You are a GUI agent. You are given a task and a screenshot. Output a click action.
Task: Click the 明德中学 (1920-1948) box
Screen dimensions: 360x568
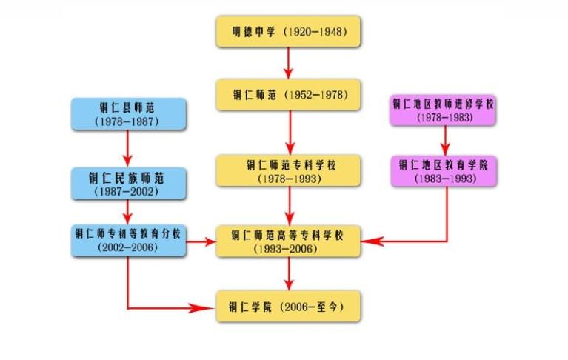[x=288, y=33]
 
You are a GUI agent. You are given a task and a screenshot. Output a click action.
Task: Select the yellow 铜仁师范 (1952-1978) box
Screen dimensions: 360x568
[x=288, y=95]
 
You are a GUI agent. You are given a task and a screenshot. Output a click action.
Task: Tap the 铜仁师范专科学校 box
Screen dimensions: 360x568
[x=288, y=170]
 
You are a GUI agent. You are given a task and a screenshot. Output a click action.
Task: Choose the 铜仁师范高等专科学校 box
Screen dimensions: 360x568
[x=288, y=241]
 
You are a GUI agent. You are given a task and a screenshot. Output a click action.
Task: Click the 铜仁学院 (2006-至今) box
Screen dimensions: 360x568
[x=288, y=305]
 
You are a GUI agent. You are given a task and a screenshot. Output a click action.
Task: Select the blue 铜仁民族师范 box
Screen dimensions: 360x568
[x=127, y=184]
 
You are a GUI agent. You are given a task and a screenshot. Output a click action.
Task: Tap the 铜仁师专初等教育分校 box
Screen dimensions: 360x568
[x=127, y=240]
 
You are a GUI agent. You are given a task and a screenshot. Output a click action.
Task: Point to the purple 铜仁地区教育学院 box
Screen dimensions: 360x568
[x=444, y=170]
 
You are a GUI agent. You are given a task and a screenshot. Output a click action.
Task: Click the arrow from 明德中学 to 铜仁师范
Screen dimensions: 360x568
[x=288, y=64]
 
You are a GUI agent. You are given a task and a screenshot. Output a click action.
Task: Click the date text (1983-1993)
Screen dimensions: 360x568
[x=444, y=179]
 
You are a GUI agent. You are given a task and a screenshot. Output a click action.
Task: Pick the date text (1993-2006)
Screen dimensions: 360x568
[x=288, y=250]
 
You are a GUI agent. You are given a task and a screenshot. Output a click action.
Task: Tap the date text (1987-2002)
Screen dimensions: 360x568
[x=127, y=192]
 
